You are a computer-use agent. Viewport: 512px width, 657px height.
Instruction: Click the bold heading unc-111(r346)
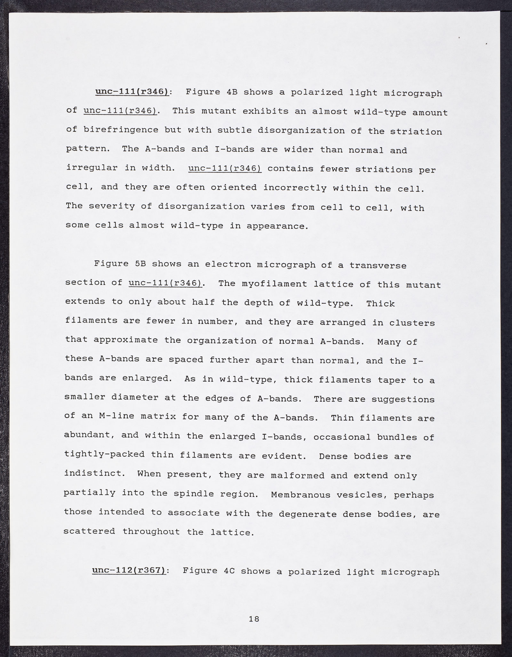132,92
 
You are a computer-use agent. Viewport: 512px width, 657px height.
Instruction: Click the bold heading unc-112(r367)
129,571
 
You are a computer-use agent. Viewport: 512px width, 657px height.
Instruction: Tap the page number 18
254,619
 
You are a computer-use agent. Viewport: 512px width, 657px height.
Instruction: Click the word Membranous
297,495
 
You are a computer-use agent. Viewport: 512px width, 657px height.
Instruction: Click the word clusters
412,322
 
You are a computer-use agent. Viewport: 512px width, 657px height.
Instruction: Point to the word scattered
89,531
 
